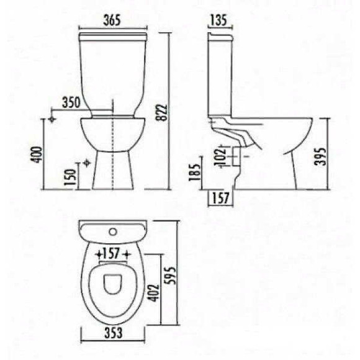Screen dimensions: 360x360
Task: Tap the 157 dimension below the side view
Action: (218, 198)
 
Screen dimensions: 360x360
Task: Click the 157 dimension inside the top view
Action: (112, 253)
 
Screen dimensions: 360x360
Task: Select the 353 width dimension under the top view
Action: (112, 333)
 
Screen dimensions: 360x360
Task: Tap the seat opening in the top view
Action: (112, 282)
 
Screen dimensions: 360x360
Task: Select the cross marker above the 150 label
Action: (86, 162)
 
